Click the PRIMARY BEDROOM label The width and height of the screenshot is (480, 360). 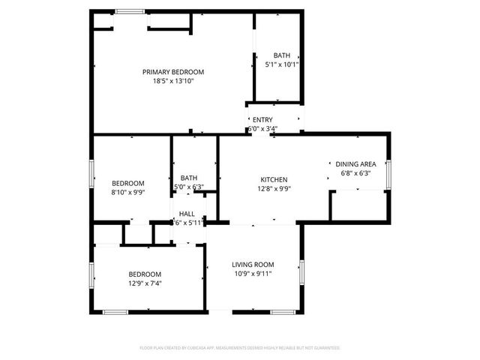pyautogui.click(x=173, y=72)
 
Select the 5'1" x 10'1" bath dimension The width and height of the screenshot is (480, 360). pyautogui.click(x=282, y=64)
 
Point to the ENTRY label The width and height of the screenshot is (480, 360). pyautogui.click(x=262, y=119)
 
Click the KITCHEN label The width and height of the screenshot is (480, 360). pyautogui.click(x=274, y=180)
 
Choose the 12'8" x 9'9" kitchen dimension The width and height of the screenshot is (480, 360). pyautogui.click(x=274, y=189)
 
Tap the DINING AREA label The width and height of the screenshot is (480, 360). pyautogui.click(x=355, y=164)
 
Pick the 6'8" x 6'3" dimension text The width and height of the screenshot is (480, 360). pyautogui.click(x=355, y=173)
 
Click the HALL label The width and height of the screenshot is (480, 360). pyautogui.click(x=187, y=214)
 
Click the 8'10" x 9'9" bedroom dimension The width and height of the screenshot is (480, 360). pyautogui.click(x=128, y=192)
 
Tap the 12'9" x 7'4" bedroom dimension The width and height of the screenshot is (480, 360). pyautogui.click(x=145, y=283)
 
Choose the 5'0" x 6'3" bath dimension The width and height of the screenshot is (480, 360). pyautogui.click(x=189, y=187)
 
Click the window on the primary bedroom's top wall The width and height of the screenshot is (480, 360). pyautogui.click(x=130, y=10)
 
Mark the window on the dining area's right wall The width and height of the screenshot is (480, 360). pyautogui.click(x=390, y=170)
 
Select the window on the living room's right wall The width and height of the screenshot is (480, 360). pyautogui.click(x=301, y=271)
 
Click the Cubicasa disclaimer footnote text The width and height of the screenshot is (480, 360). pyautogui.click(x=240, y=348)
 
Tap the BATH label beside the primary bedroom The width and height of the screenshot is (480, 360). pyautogui.click(x=282, y=55)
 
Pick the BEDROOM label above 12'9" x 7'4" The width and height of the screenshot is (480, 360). pyautogui.click(x=145, y=274)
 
